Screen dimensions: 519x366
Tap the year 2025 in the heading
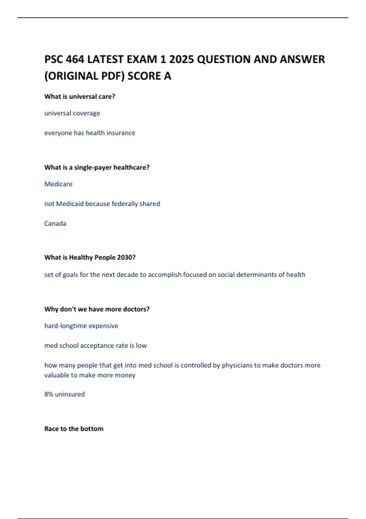(181, 59)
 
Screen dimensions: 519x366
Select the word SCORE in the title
(144, 76)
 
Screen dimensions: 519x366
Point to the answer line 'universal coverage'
(72, 113)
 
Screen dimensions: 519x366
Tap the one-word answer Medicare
(59, 184)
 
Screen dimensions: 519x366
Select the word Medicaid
(70, 204)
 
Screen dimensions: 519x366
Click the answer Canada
(55, 223)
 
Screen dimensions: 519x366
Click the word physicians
(237, 365)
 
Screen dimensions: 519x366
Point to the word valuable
(57, 375)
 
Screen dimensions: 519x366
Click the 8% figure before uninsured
(49, 394)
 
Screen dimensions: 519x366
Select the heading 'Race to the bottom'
(74, 429)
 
